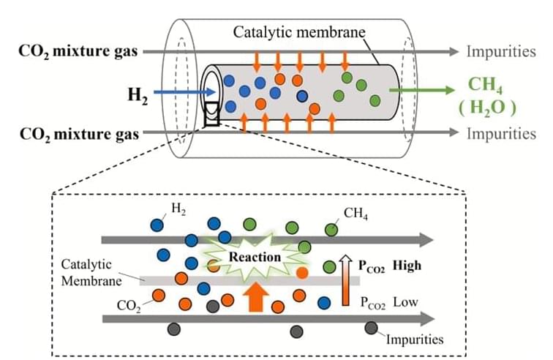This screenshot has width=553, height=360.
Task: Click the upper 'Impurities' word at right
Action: [x=501, y=52]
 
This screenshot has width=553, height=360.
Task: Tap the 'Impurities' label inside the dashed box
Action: [x=414, y=339]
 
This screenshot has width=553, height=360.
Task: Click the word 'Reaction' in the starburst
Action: [x=255, y=258]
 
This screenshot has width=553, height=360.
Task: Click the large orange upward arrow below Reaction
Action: [x=256, y=297]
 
